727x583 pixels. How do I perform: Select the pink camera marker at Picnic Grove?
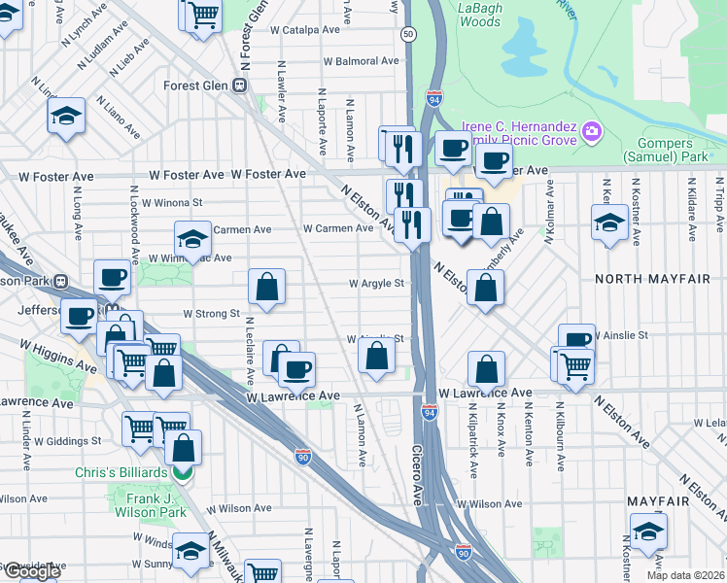pyautogui.click(x=591, y=131)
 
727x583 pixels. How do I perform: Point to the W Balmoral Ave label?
pyautogui.click(x=361, y=61)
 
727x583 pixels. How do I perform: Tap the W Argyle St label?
pyautogui.click(x=376, y=285)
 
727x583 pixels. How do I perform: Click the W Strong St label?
pyautogui.click(x=211, y=314)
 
